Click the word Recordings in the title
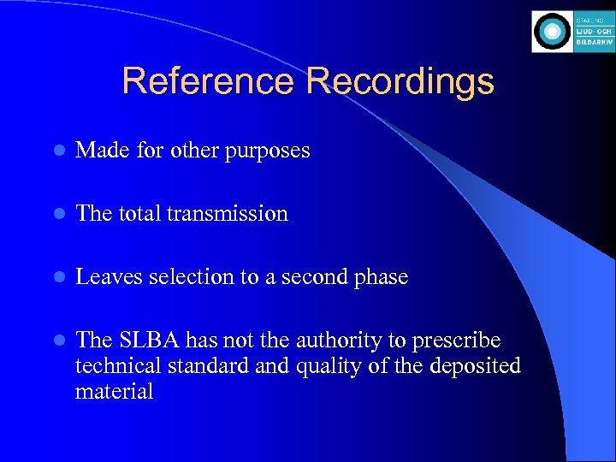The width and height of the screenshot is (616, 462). tap(400, 82)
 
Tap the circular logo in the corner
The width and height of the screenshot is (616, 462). tap(552, 32)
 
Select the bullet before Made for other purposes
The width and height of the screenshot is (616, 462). tap(57, 151)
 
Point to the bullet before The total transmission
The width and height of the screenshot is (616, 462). tap(57, 214)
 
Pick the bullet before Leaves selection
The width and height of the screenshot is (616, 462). tap(57, 277)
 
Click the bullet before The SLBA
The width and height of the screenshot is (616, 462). tap(57, 341)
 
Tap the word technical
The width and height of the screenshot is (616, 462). tap(111, 366)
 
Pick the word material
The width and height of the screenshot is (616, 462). tap(114, 392)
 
